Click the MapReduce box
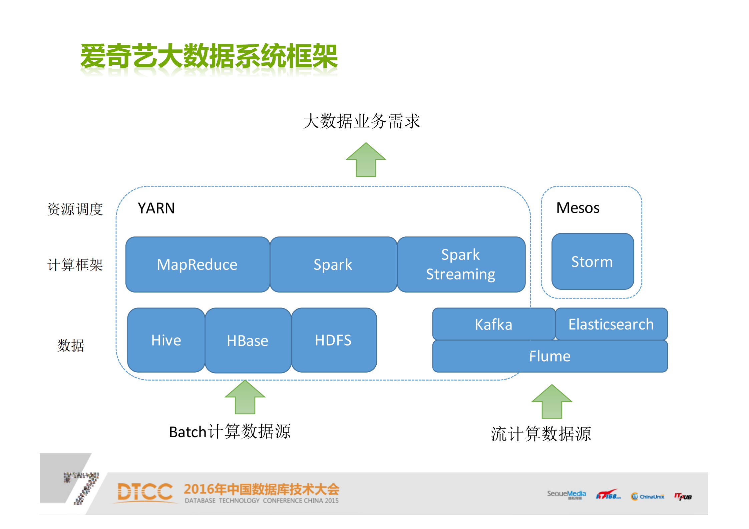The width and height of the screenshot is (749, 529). click(198, 264)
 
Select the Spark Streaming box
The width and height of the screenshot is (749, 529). click(461, 264)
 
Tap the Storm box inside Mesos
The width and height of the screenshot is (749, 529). click(593, 261)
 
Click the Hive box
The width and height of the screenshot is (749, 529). click(166, 340)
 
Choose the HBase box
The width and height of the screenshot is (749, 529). click(248, 341)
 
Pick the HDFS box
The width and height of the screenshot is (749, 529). click(334, 340)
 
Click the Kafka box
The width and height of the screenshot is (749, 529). click(493, 324)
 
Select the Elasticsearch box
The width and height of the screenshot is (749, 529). click(611, 324)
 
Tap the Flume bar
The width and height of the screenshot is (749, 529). click(550, 356)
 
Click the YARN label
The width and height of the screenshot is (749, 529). click(156, 208)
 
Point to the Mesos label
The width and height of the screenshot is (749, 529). click(578, 208)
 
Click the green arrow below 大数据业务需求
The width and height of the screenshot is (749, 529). click(366, 160)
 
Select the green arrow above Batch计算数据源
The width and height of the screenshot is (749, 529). click(245, 398)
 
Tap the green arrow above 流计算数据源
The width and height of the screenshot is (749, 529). click(551, 402)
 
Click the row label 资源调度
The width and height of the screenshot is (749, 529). click(75, 209)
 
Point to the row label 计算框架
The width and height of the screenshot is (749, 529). click(75, 265)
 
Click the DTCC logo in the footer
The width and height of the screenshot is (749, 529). click(145, 492)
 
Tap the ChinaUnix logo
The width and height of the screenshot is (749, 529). click(648, 497)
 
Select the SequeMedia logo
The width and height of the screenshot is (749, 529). click(566, 494)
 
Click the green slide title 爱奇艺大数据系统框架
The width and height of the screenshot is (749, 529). click(209, 56)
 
